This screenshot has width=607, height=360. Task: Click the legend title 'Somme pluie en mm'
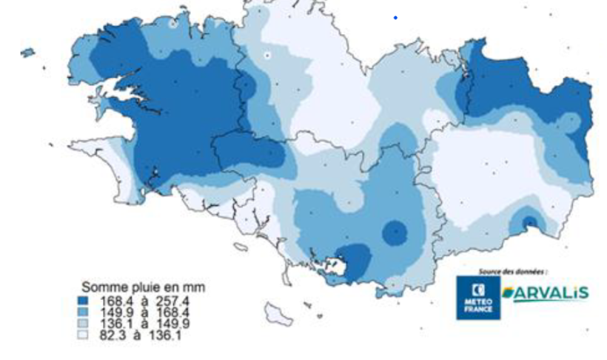click(x=143, y=287)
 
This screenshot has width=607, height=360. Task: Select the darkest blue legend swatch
click(x=84, y=301)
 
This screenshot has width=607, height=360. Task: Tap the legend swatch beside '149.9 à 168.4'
click(x=84, y=313)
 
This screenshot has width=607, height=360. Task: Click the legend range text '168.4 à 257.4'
click(x=144, y=301)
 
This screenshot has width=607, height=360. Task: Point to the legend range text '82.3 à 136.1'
click(x=140, y=336)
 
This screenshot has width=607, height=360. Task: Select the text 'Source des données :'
click(x=513, y=272)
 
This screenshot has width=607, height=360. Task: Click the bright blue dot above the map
click(x=395, y=17)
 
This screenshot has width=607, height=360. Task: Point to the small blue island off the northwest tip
click(x=27, y=53)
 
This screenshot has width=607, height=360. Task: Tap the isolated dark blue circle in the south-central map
click(x=395, y=233)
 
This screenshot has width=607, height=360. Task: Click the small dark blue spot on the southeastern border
click(x=529, y=222)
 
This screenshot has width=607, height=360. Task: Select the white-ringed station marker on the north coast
click(x=173, y=24)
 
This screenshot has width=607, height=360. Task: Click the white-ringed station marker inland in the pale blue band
click(x=268, y=55)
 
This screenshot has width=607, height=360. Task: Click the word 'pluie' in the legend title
click(x=138, y=287)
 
